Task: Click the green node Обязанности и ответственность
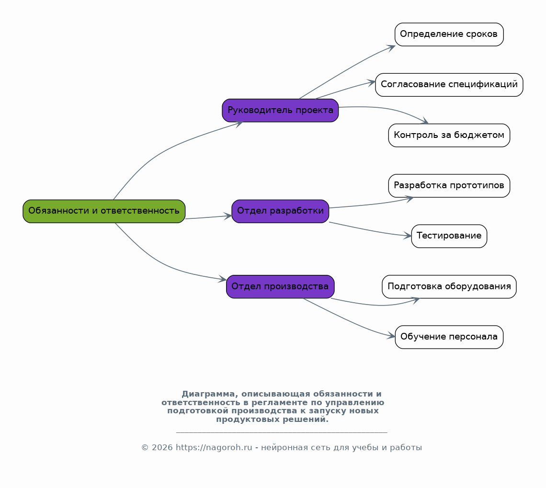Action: point(104,211)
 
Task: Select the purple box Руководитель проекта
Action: point(280,110)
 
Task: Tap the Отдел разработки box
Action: point(280,211)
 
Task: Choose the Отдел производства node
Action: point(280,287)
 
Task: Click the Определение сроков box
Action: point(449,34)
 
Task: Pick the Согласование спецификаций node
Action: point(449,85)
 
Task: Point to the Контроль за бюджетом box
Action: point(449,136)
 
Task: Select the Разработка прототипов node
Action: point(449,186)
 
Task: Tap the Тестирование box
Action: point(449,237)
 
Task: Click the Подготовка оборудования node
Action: point(449,287)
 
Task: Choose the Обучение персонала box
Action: point(449,337)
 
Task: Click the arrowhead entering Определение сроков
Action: point(391,48)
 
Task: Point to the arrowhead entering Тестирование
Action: point(408,236)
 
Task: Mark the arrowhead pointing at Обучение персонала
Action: point(391,336)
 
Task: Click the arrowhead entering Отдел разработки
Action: point(228,216)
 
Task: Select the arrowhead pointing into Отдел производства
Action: point(223,279)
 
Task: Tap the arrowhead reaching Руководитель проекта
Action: point(239,124)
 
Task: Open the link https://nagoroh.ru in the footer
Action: point(214,448)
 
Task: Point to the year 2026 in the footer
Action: point(162,448)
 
